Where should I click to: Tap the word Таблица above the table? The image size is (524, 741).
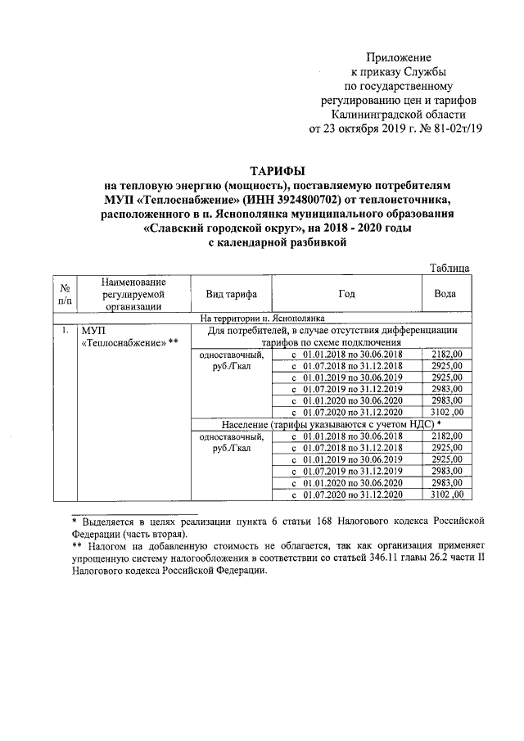click(x=449, y=268)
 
